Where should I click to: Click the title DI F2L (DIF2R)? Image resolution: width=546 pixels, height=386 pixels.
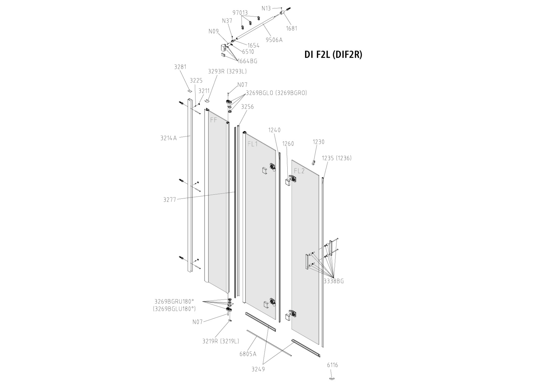333,55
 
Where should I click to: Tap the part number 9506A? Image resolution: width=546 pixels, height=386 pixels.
274,40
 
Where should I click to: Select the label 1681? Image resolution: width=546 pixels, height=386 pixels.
291,28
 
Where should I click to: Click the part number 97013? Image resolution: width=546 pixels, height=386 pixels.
240,13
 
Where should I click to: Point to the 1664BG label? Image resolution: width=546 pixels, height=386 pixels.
247,61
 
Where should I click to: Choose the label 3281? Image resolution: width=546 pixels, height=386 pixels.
180,67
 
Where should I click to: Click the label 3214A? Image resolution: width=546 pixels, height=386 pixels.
169,138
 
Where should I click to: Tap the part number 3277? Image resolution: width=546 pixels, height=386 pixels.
170,200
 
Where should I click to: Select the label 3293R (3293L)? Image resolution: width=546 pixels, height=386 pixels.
227,71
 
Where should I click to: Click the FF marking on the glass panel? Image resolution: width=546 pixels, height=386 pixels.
214,120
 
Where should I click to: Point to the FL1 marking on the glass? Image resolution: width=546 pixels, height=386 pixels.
253,144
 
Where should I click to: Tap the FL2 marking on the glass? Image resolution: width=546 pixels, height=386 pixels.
299,171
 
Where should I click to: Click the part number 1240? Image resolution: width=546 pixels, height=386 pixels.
274,130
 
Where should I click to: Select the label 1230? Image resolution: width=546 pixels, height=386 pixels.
318,142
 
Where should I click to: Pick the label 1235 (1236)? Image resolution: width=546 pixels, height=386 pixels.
336,158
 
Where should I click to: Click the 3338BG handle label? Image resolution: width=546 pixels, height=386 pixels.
333,281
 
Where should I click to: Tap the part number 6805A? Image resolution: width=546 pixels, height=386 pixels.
248,354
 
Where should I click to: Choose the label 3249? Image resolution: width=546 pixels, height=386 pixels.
258,369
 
